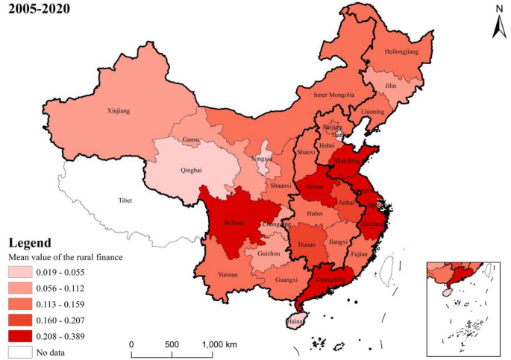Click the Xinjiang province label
click(119, 111)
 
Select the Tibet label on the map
click(125, 200)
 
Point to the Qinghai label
click(192, 170)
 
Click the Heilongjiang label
click(402, 51)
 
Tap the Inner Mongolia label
click(328, 95)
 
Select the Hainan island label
click(296, 322)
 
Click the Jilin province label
click(390, 86)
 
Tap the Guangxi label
click(286, 280)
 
